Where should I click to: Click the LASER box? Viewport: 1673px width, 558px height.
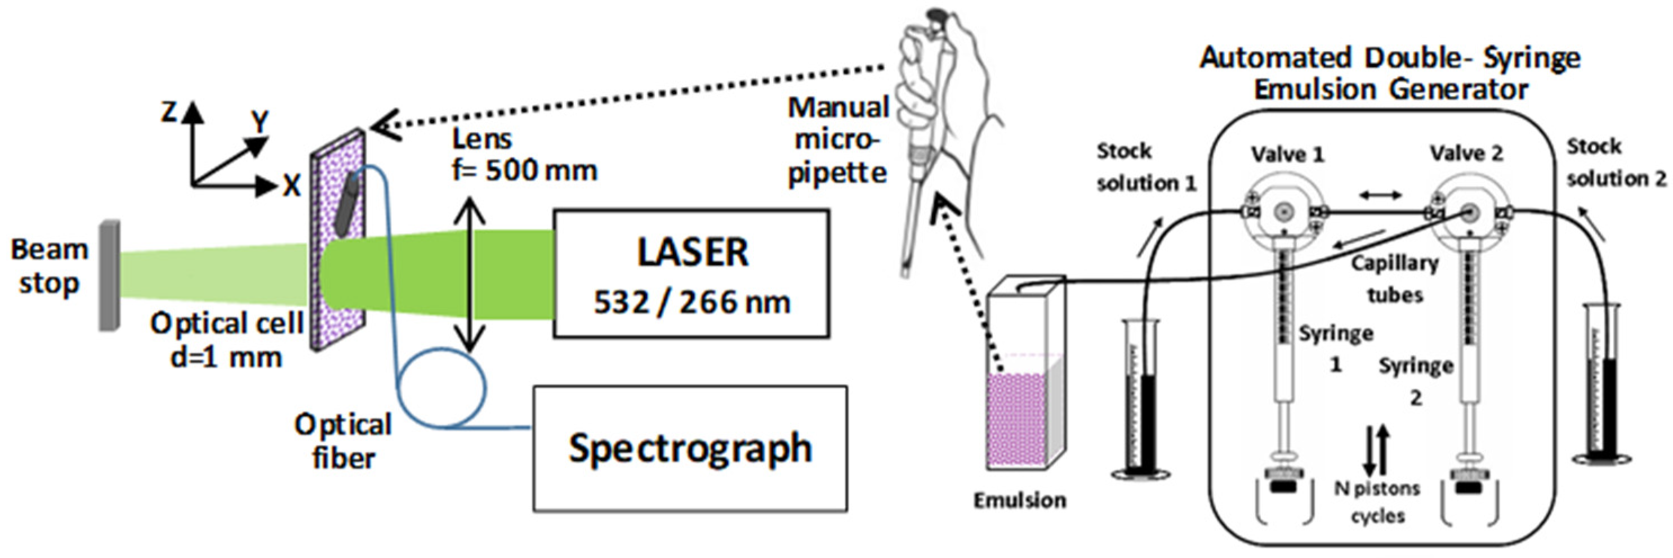pos(691,274)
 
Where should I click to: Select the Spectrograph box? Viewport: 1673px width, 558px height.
pos(690,448)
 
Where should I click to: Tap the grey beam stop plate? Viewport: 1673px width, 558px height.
pos(109,276)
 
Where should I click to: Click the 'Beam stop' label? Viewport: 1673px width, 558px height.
pos(50,266)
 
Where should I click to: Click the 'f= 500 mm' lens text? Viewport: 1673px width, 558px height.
pos(524,170)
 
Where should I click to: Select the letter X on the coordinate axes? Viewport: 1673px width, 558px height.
pos(292,187)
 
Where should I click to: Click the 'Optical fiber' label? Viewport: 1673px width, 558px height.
pos(343,441)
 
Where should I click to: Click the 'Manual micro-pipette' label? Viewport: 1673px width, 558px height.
pos(837,140)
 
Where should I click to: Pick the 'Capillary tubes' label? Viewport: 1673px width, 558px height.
pos(1394,279)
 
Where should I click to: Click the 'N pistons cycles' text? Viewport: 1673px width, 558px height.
pos(1377,502)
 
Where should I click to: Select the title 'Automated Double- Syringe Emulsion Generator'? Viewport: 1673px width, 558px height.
pos(1390,73)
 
